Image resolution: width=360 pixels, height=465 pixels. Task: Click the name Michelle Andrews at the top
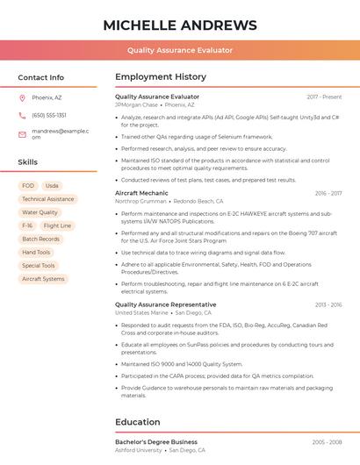pos(180,25)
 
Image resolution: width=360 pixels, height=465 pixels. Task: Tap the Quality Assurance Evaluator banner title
pos(180,50)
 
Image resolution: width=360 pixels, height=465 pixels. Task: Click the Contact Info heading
pos(40,77)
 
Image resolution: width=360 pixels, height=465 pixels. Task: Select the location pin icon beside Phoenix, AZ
pos(22,98)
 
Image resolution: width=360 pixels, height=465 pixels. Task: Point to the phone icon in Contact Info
pos(22,115)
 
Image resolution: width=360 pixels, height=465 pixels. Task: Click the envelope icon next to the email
pos(22,133)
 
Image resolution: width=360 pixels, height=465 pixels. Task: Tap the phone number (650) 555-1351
pos(49,115)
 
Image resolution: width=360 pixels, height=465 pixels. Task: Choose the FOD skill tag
pos(28,186)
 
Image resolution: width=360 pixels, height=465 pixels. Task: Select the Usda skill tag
pos(52,186)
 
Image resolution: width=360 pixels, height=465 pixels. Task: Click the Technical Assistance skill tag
pos(48,199)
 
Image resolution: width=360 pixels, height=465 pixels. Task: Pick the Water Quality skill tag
pos(40,212)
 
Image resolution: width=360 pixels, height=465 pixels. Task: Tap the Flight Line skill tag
pos(57,225)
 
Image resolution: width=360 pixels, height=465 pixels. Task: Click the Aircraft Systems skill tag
pos(43,279)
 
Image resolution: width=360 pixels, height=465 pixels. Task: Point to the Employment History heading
pos(160,77)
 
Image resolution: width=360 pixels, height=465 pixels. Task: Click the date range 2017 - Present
pos(324,97)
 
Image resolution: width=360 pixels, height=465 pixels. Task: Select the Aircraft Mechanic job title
pos(141,193)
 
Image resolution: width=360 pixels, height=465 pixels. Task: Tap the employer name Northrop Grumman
pos(140,201)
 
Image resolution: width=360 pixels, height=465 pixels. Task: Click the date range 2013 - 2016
pos(328,304)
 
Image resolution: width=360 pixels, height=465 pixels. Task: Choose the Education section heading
pos(138,422)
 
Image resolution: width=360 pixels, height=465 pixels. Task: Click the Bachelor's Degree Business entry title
pos(156,441)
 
